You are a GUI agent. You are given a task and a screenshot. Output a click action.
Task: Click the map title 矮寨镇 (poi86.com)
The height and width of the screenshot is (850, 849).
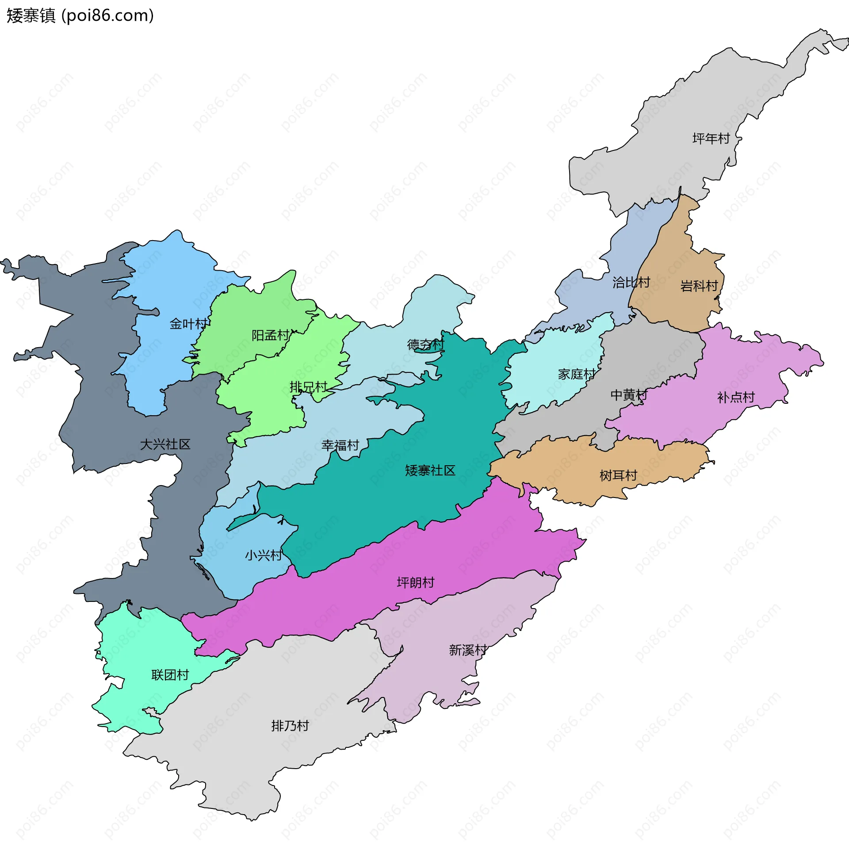[80, 16]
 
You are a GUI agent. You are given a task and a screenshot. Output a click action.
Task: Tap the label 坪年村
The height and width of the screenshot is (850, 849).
[711, 138]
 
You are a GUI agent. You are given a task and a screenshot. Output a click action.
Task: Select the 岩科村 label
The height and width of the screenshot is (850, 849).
[699, 286]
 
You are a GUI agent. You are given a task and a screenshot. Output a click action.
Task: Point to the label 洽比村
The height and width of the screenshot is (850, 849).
[631, 282]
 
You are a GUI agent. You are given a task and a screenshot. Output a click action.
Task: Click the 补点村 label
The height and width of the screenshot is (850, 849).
[736, 397]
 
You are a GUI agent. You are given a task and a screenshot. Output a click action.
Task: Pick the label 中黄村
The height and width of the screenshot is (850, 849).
[629, 394]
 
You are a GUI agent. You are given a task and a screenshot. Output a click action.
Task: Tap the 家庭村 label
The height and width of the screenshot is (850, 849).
[577, 374]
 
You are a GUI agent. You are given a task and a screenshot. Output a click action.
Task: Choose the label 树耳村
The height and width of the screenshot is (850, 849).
[618, 475]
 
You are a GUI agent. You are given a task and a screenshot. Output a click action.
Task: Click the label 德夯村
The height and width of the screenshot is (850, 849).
[425, 344]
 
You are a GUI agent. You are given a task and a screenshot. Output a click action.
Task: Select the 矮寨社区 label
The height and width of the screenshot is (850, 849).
[430, 470]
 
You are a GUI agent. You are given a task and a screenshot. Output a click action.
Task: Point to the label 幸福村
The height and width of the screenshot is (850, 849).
[340, 445]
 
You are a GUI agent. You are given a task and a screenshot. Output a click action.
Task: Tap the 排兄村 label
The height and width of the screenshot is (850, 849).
[308, 387]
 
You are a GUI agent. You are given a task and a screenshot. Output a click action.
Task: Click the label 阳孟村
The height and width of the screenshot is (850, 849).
[270, 335]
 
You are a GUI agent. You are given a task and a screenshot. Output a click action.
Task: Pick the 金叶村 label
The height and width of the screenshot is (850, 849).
[188, 324]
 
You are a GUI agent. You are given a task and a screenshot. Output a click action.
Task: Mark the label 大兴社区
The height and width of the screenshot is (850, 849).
[165, 444]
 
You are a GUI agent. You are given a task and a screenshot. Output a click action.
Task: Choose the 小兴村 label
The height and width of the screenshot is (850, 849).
[264, 555]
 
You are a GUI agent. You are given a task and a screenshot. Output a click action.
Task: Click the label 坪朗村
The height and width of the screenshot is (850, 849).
[416, 582]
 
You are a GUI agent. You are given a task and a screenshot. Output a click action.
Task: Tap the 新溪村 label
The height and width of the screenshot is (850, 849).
[468, 650]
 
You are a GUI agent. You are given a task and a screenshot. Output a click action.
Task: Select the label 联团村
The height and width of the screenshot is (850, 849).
[170, 674]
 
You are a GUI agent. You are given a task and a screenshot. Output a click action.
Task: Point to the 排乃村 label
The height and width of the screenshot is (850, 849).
[290, 726]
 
